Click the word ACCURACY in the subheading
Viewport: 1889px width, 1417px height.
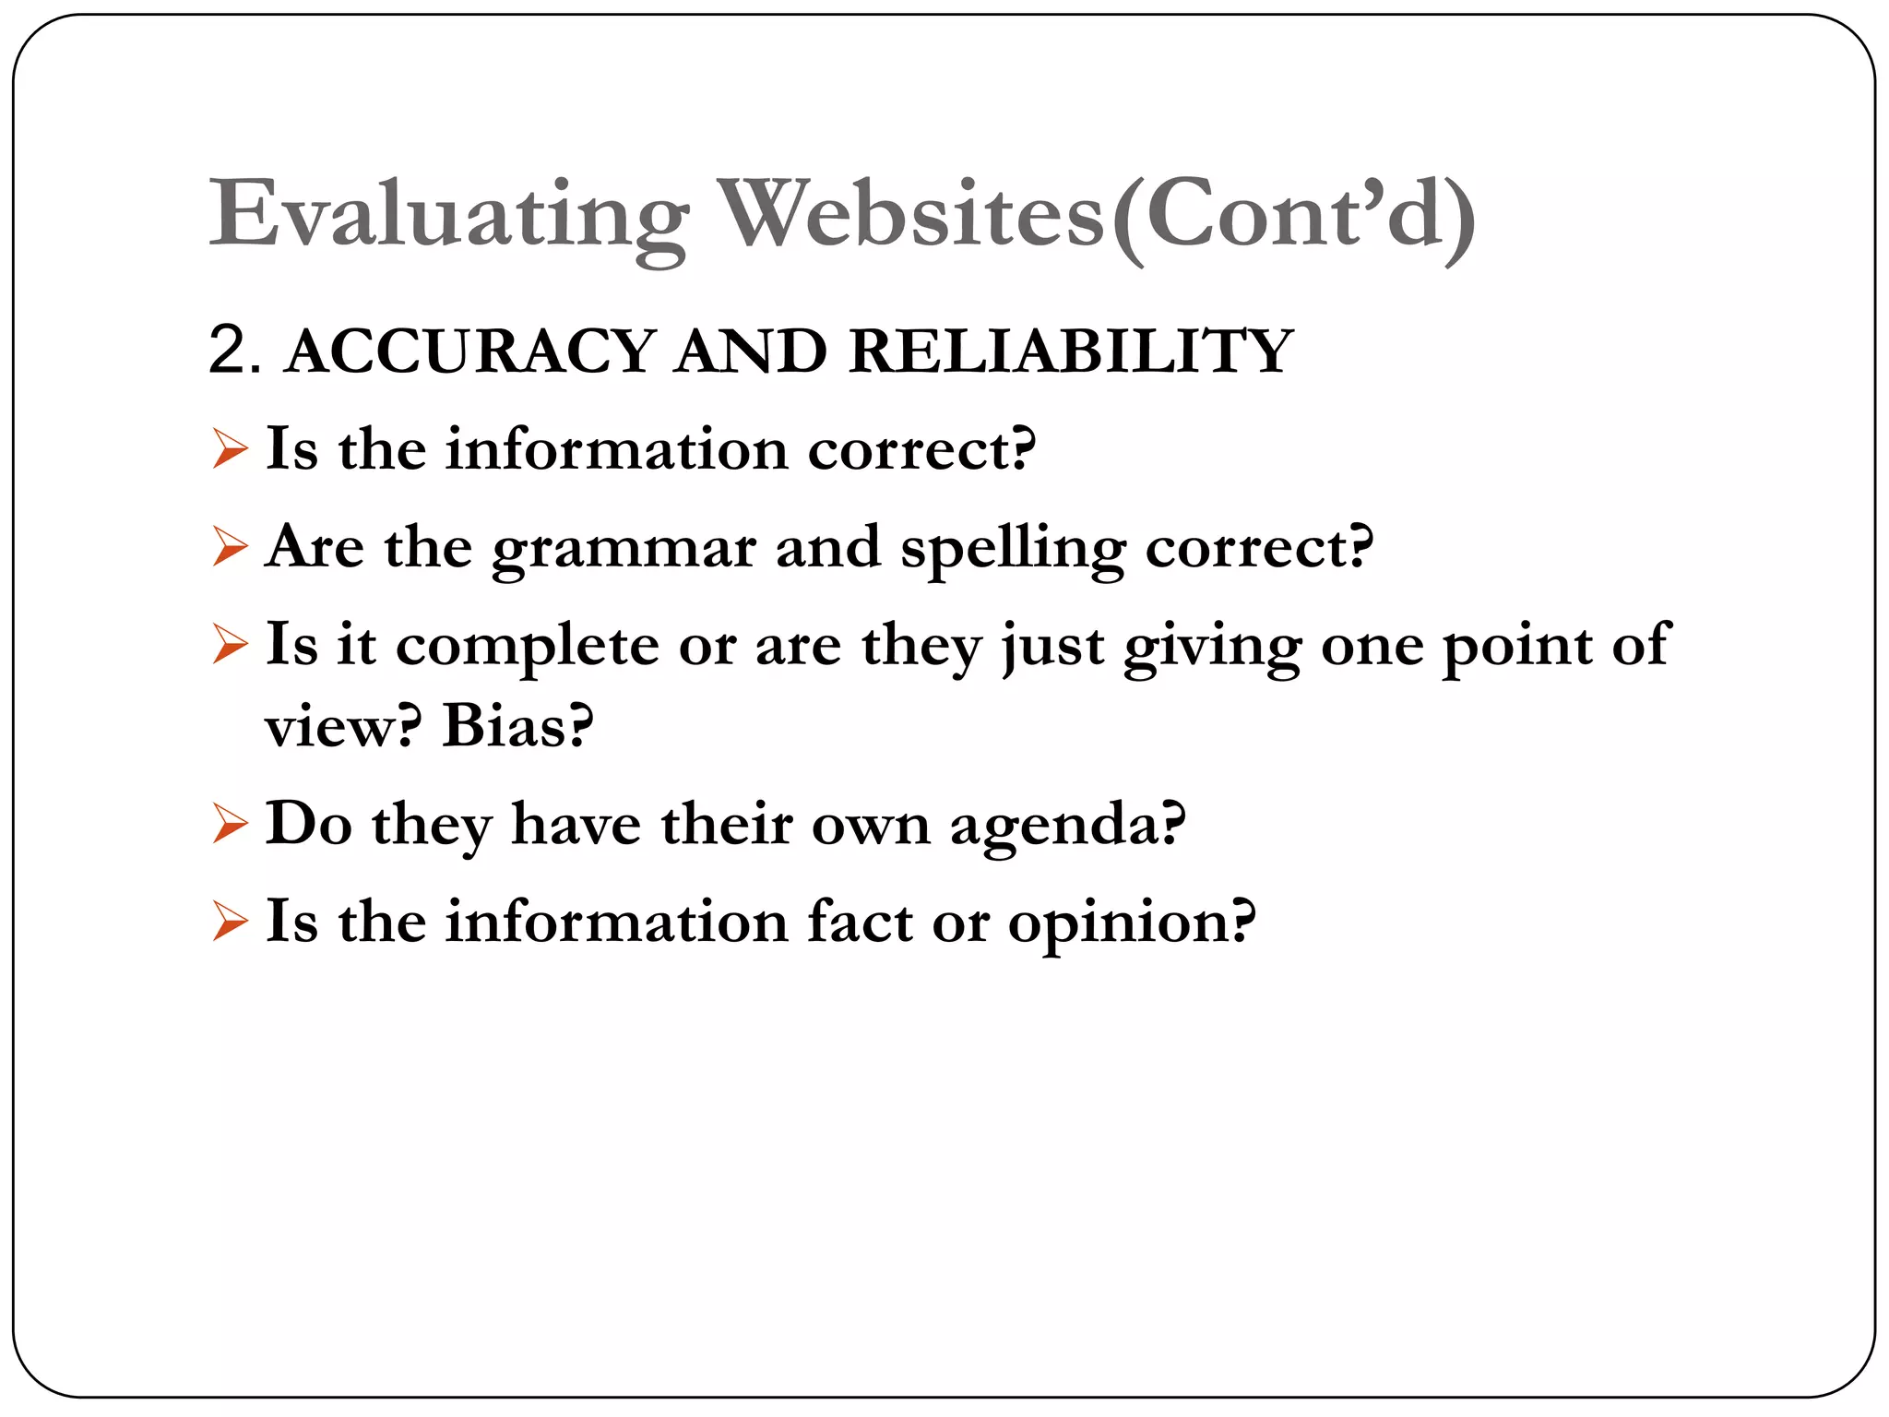pos(470,351)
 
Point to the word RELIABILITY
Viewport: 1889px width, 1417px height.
pos(1070,351)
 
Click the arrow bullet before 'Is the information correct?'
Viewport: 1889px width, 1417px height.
pos(230,449)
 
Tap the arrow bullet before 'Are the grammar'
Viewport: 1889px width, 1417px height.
pos(230,547)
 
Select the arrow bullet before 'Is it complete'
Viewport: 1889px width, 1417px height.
pos(230,645)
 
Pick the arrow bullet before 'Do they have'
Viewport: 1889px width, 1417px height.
pos(230,824)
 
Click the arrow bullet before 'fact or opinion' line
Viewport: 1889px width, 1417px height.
pos(230,922)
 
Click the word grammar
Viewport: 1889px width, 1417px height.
pos(624,549)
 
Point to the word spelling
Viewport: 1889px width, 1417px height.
pos(1012,549)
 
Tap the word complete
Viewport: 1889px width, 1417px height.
pos(527,646)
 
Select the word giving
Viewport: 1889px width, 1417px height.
pos(1211,646)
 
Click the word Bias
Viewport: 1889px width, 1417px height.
pos(517,726)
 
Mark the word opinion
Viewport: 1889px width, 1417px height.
pos(1131,923)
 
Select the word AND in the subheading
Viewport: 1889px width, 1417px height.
pos(750,351)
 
